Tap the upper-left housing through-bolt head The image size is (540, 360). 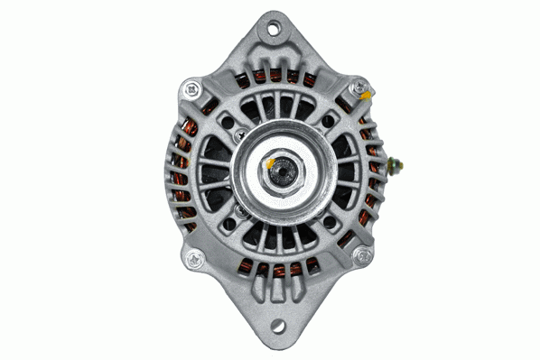click(x=192, y=89)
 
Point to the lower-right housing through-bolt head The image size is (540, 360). click(x=363, y=257)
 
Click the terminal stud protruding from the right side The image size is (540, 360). click(x=398, y=167)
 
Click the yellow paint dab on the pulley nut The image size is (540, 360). click(x=270, y=163)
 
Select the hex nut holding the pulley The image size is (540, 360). click(x=279, y=171)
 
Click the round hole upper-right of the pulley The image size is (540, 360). click(x=331, y=121)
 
